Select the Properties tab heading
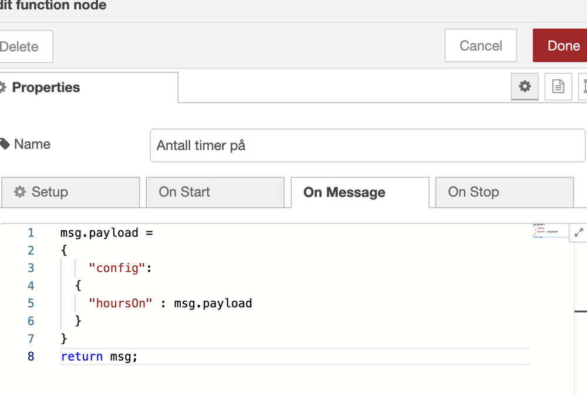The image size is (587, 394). [x=46, y=87]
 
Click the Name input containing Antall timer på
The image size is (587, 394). [x=367, y=145]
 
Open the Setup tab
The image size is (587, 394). [x=70, y=192]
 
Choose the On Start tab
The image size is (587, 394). [x=215, y=192]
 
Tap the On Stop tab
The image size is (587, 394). [x=504, y=192]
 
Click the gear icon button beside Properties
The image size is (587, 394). [x=525, y=87]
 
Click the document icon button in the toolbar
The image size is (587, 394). [x=558, y=87]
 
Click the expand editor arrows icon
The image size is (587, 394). [x=579, y=233]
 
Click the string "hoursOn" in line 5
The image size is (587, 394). [x=121, y=303]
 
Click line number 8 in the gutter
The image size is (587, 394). [x=31, y=356]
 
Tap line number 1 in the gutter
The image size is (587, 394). [x=31, y=233]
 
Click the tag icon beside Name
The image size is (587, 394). [x=5, y=144]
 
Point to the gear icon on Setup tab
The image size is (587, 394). [x=20, y=192]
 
